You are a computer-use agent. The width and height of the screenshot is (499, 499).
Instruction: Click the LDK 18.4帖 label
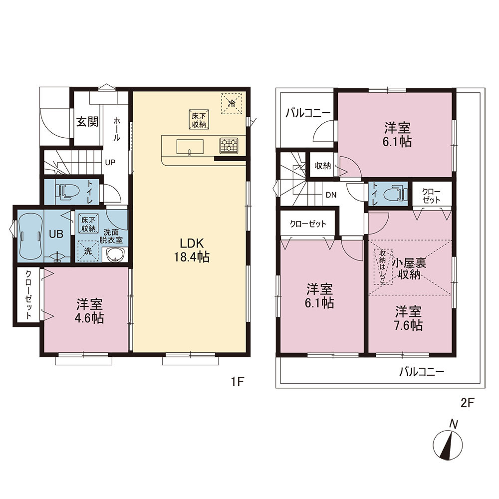(192, 250)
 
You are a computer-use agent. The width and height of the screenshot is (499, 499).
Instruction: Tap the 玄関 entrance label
(87, 122)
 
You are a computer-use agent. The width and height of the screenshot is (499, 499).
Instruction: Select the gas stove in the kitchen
(229, 145)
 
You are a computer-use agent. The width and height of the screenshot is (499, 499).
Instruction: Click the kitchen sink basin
(190, 147)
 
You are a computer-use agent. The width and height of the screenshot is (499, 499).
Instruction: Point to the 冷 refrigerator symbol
(232, 103)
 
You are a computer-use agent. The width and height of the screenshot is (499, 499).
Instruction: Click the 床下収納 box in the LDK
(199, 120)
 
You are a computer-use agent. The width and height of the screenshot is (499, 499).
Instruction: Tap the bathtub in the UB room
(30, 234)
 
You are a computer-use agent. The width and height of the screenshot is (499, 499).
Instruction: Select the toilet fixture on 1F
(67, 191)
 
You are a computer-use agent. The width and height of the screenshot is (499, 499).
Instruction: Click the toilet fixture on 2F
(396, 193)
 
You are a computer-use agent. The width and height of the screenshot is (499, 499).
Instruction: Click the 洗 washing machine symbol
(87, 251)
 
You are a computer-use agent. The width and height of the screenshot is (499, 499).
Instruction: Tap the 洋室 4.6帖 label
(89, 311)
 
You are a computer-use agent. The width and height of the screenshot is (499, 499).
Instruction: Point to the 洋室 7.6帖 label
(409, 318)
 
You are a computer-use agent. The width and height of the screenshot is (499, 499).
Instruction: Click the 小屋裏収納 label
(409, 268)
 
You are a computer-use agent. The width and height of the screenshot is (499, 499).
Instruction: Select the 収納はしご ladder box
(383, 266)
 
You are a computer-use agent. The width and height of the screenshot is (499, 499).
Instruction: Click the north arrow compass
(448, 444)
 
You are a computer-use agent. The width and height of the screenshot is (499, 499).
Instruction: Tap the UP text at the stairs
(110, 163)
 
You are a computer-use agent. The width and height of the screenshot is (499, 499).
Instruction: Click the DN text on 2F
(331, 195)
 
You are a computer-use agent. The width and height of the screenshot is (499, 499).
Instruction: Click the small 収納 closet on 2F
(323, 166)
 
